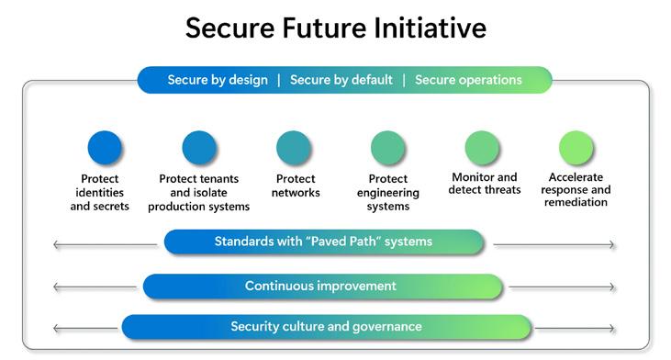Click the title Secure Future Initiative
tap(336, 28)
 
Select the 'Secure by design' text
tap(218, 80)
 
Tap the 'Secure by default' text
tap(341, 80)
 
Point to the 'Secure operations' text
tap(468, 80)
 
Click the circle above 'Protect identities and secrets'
tap(105, 148)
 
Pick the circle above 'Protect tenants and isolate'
tap(199, 148)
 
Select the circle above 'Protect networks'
tap(294, 148)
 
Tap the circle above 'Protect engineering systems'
tap(387, 148)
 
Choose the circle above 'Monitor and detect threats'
tap(482, 148)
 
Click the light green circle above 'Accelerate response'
tap(576, 148)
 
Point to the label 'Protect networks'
tap(296, 186)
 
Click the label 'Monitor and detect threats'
tap(485, 183)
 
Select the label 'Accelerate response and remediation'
tap(576, 189)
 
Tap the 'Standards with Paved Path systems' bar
tap(324, 242)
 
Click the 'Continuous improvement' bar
tap(323, 287)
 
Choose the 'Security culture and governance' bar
tap(327, 327)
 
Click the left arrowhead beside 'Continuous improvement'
tap(55, 287)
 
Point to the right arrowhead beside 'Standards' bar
tap(613, 245)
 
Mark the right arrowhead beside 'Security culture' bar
tap(613, 329)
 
